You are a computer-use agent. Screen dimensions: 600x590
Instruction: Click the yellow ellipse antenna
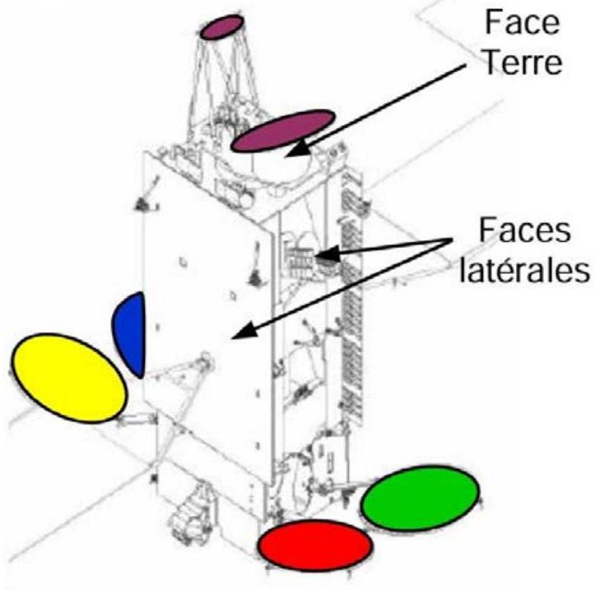[x=69, y=378]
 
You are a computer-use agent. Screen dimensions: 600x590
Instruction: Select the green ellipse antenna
[x=420, y=498]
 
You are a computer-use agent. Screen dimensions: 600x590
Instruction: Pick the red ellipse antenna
[x=315, y=546]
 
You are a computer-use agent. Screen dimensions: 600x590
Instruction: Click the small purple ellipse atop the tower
[x=222, y=27]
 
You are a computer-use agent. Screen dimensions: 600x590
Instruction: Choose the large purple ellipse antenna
[x=283, y=131]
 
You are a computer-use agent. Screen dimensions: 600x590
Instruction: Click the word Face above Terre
[x=523, y=23]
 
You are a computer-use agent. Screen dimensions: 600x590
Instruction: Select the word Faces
[x=524, y=230]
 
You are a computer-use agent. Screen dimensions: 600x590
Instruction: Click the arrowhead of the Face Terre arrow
[x=299, y=148]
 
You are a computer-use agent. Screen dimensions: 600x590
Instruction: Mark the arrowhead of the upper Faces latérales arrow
[x=325, y=253]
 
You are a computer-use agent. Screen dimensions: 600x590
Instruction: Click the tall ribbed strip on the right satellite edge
[x=351, y=299]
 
